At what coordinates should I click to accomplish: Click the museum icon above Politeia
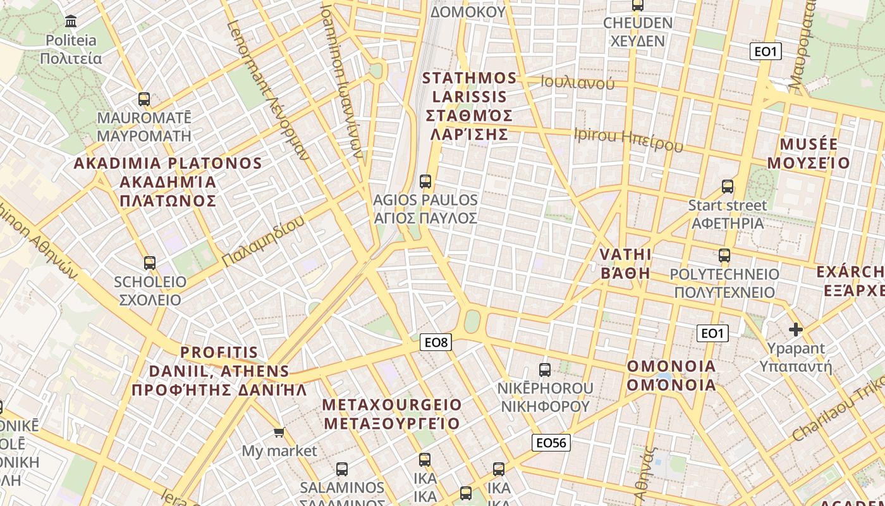point(71,21)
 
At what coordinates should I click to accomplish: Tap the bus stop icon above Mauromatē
point(144,99)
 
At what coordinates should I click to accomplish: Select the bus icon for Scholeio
point(150,263)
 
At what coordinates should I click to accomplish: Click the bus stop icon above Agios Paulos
point(425,182)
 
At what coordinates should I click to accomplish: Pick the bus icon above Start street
point(728,187)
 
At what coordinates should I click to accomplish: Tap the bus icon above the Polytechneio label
point(724,256)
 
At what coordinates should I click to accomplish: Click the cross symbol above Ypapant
point(796,330)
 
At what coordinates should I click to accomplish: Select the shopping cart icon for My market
point(279,433)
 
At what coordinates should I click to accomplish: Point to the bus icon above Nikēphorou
point(545,370)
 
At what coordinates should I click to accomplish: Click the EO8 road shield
point(436,342)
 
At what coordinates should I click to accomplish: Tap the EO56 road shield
point(551,443)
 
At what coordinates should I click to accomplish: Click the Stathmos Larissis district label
point(469,106)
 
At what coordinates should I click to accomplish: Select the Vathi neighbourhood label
point(625,263)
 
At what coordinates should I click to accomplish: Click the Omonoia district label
point(671,375)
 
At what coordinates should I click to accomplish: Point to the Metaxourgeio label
point(392,414)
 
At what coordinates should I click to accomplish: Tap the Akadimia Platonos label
point(168,182)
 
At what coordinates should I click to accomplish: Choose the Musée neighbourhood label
point(809,153)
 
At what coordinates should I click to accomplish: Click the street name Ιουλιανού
point(578,82)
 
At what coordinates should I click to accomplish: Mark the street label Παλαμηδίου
point(263,241)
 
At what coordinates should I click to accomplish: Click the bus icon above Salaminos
point(342,469)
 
